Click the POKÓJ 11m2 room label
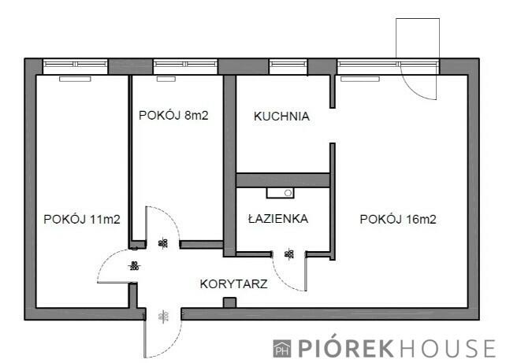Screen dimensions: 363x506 (82, 220)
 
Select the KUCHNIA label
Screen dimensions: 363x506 (281, 117)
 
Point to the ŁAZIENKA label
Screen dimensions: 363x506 (277, 220)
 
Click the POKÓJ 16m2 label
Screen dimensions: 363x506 (398, 220)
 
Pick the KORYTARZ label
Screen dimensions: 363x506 (234, 283)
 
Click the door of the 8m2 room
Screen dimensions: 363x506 (162, 224)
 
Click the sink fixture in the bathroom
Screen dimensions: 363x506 (281, 191)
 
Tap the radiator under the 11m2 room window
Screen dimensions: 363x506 (75, 79)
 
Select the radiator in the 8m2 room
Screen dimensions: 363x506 (166, 79)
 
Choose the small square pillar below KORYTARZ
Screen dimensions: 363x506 (229, 303)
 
